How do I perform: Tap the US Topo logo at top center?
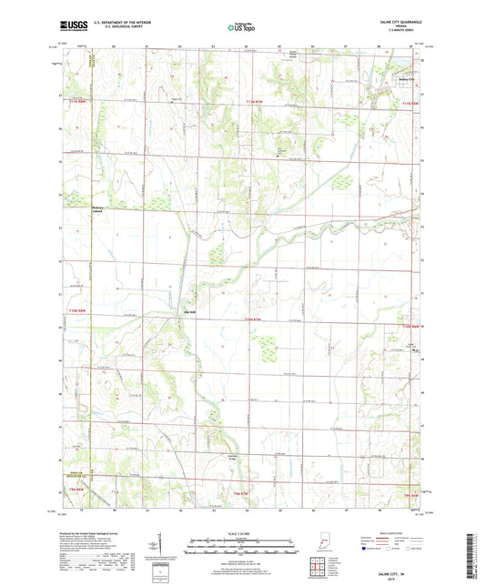click(241, 27)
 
